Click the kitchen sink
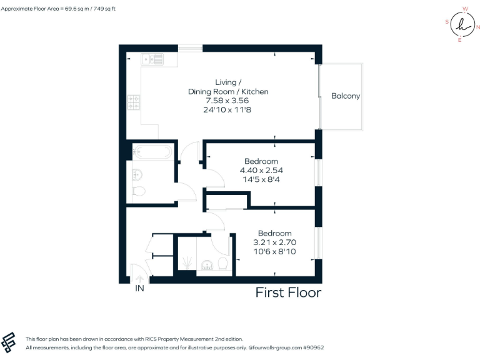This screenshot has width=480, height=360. pos(152,60)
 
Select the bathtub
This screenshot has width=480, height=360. pos(150,151)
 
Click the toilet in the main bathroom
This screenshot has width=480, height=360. pos(139,191)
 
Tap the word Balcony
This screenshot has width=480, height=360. pos(346,96)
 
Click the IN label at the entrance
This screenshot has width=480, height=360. pos(141,289)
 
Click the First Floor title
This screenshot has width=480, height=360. pos(288,292)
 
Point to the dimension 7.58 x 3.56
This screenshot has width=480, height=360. pos(228,101)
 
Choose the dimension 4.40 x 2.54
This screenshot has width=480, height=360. pos(261,170)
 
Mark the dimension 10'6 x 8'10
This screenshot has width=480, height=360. pos(274,251)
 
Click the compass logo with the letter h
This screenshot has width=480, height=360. pos(462,25)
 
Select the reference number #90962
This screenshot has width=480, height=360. pos(312,347)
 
